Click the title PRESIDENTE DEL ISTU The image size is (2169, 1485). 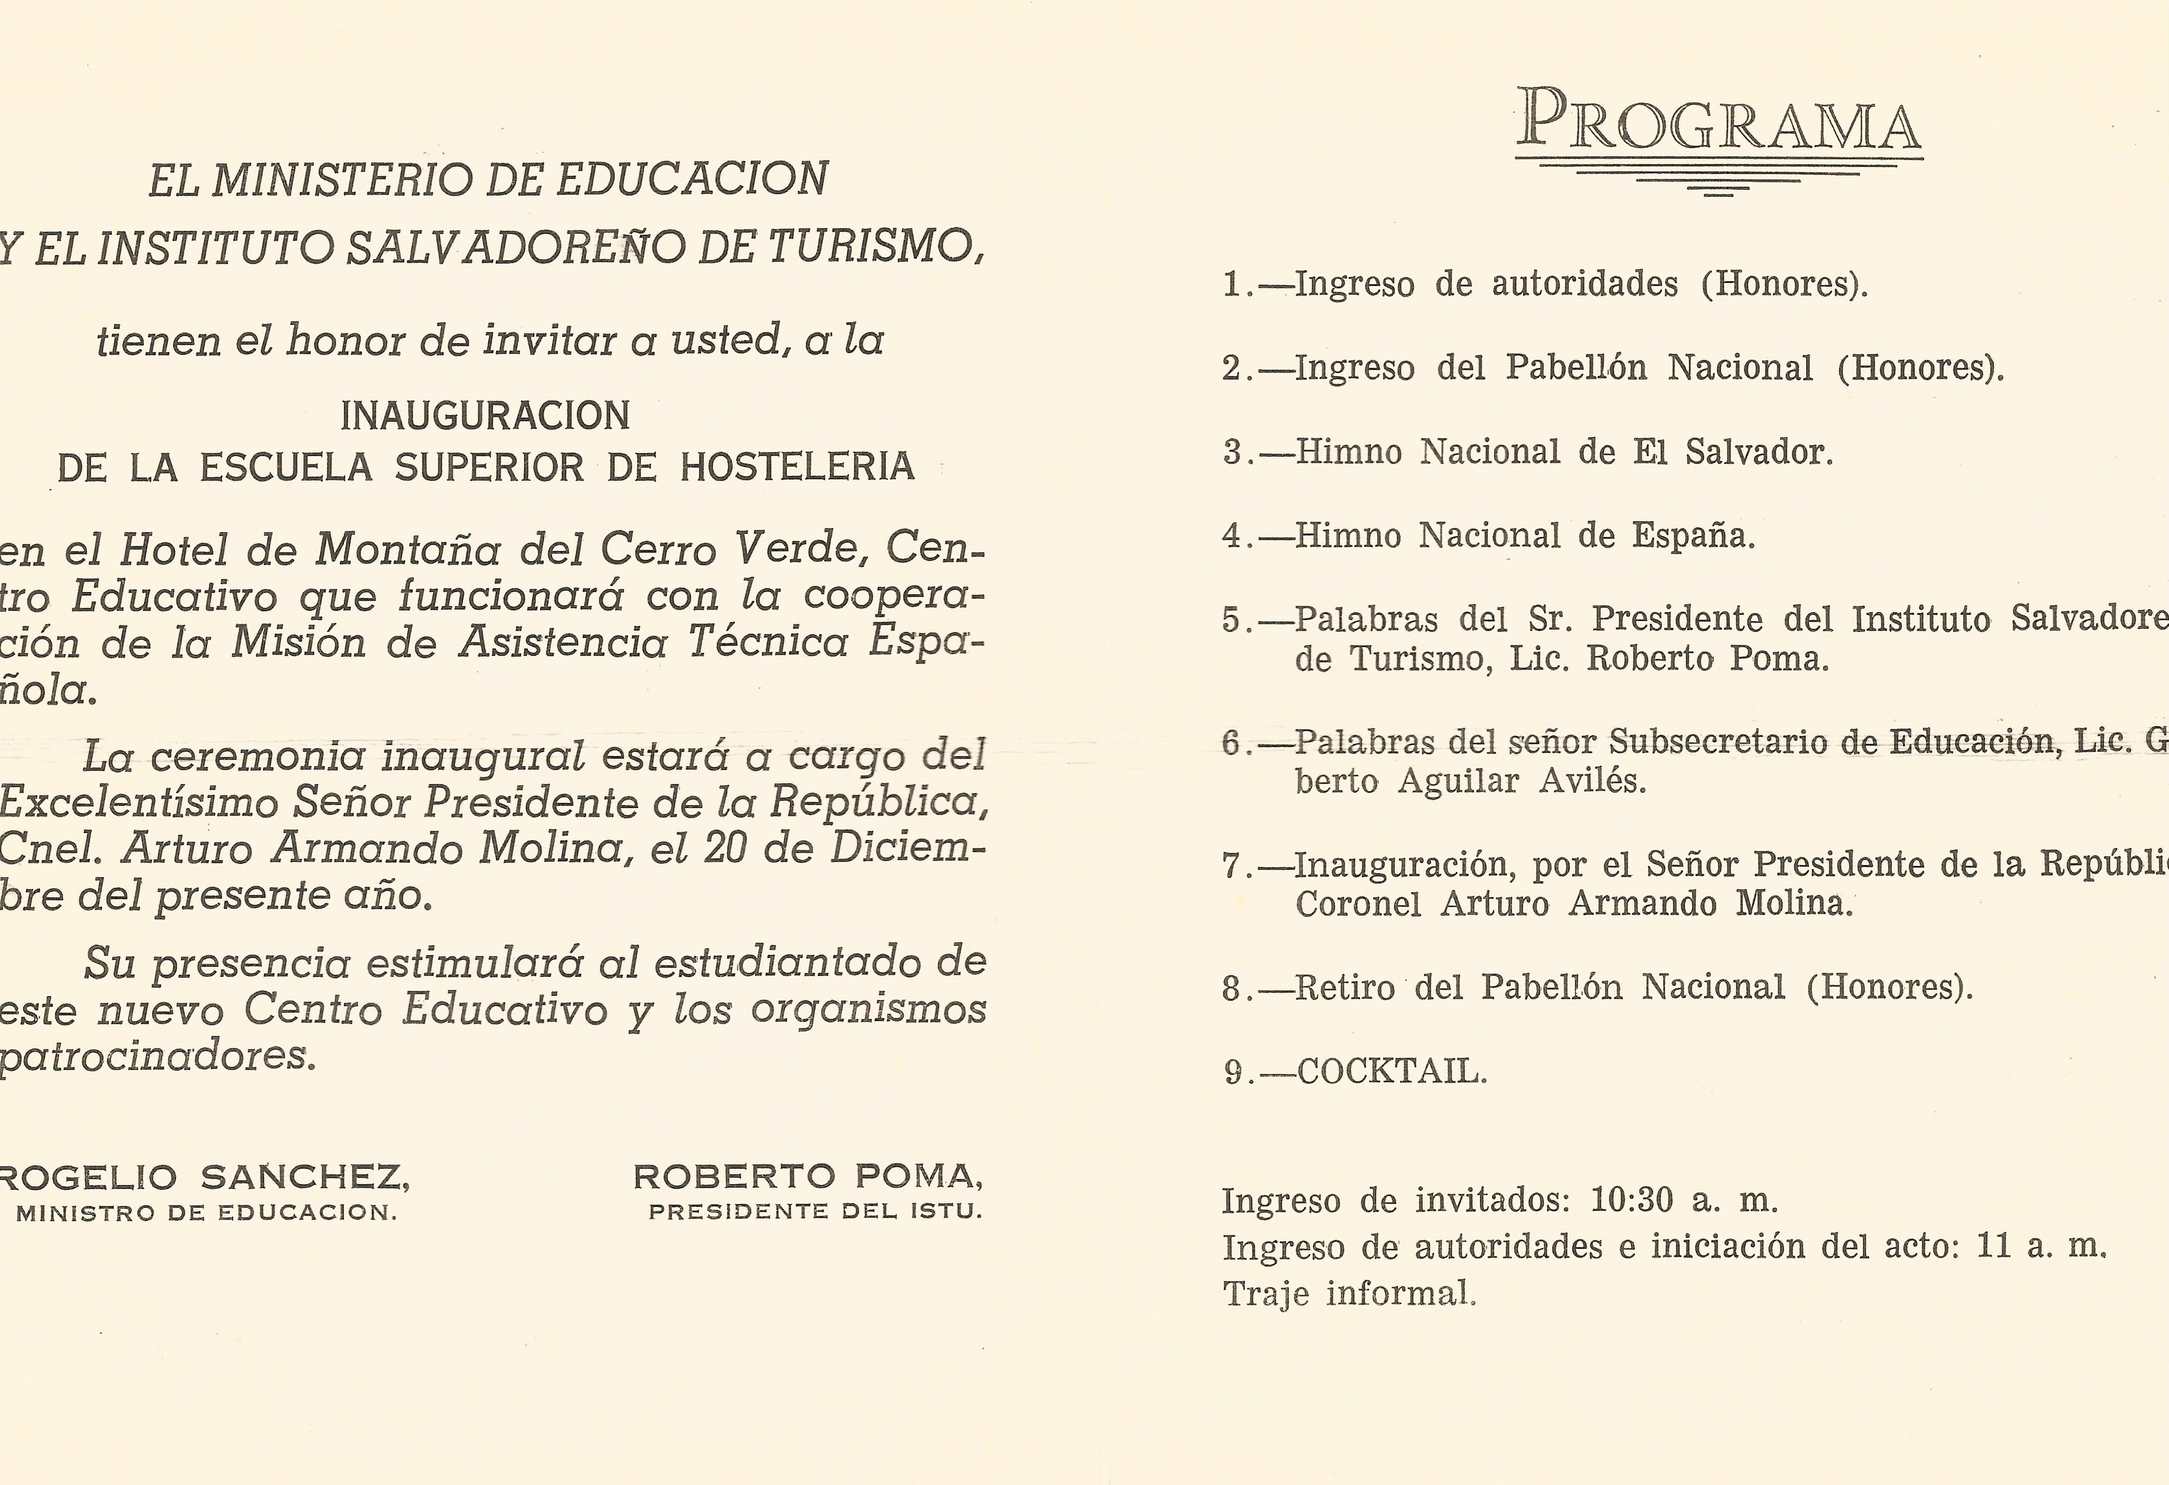(815, 1212)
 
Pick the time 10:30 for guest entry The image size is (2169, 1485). (1631, 1199)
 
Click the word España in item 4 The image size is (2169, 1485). (1692, 536)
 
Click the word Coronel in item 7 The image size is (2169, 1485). (1358, 903)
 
